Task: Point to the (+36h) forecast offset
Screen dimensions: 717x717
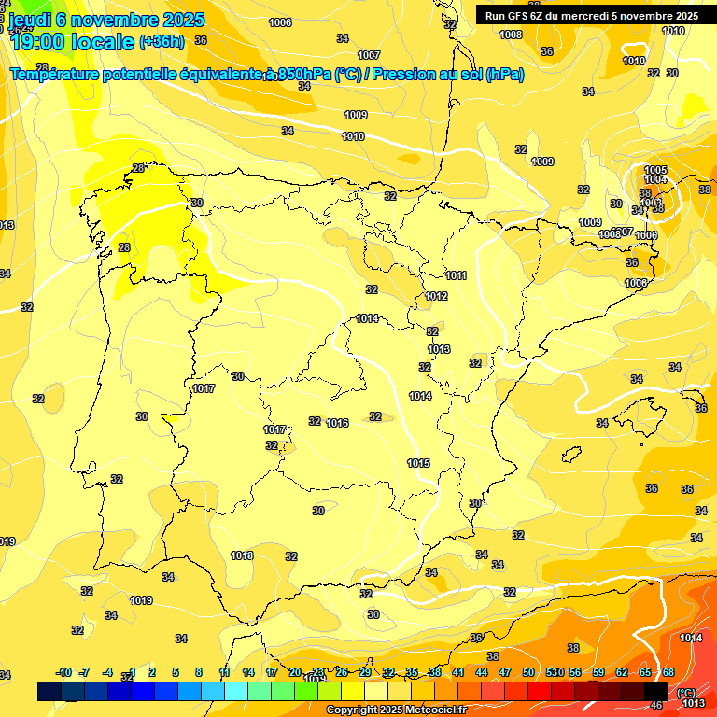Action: click(x=162, y=42)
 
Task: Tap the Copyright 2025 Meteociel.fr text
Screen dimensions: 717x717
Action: click(x=396, y=710)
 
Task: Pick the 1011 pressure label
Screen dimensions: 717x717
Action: click(x=456, y=275)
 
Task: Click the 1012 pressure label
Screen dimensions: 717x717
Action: click(x=436, y=296)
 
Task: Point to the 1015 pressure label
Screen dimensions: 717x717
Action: click(x=418, y=463)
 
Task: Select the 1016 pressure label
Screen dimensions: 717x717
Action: click(x=337, y=423)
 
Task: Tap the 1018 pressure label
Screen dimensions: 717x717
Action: click(x=242, y=555)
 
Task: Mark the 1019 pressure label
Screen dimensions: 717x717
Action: click(x=142, y=600)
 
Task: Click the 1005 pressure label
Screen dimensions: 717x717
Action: click(x=655, y=170)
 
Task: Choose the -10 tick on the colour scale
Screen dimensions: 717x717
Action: click(x=63, y=672)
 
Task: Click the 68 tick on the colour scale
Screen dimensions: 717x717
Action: click(x=668, y=672)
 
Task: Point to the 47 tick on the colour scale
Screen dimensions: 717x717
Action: click(x=505, y=672)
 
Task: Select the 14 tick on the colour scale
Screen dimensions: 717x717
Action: click(x=248, y=672)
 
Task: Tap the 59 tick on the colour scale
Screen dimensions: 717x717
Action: click(x=598, y=672)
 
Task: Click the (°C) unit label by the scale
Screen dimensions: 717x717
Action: click(x=686, y=693)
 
